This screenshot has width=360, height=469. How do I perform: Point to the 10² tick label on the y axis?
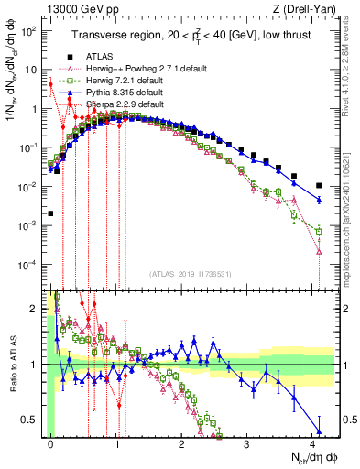pos(29,30)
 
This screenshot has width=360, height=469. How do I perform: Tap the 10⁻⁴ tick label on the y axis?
pos(29,265)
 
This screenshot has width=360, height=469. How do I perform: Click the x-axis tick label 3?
pos(247,444)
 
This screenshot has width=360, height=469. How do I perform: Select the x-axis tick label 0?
pos(50,444)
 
